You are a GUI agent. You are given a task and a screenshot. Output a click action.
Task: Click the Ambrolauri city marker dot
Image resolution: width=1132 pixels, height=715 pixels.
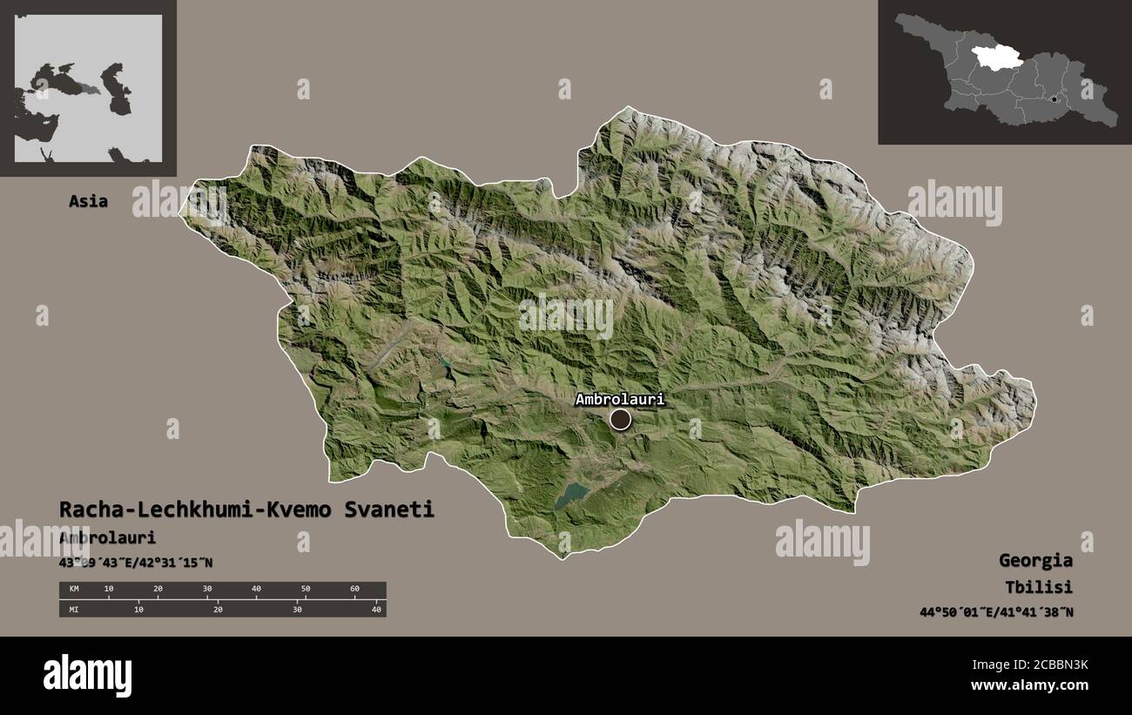[620, 420]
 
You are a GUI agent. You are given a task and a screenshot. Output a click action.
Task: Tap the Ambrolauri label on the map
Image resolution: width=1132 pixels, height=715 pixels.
[619, 399]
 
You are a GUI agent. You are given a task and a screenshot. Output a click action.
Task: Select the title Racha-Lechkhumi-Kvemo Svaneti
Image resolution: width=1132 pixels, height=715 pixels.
[246, 509]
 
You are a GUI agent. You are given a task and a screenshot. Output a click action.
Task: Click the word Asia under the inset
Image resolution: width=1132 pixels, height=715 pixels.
[89, 201]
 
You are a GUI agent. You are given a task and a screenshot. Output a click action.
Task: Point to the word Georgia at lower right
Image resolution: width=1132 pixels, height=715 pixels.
[1035, 560]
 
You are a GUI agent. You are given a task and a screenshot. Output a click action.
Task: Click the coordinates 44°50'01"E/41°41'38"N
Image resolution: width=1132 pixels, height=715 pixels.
[996, 612]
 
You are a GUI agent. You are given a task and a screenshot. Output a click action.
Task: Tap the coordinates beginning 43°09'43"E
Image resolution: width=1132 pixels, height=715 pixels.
[136, 563]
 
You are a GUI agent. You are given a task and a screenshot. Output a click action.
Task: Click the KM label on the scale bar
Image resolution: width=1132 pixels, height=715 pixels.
[73, 590]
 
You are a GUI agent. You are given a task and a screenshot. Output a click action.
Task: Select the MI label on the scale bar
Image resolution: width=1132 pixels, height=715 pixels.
[73, 609]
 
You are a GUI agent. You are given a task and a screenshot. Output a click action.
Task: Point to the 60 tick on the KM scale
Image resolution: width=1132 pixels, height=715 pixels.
[354, 590]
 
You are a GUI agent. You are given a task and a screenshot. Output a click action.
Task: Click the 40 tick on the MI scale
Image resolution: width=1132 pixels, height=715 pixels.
[376, 609]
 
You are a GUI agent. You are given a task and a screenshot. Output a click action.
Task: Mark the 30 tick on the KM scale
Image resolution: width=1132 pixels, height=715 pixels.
[206, 590]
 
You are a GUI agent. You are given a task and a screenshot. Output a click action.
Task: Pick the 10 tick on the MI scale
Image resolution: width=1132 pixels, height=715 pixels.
[138, 609]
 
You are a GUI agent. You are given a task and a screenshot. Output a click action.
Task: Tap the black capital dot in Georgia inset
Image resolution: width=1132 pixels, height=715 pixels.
[1054, 99]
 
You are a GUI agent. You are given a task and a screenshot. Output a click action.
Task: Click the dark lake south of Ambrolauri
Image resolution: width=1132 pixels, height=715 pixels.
[572, 496]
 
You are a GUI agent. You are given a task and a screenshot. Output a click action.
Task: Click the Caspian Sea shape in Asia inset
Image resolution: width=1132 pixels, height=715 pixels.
[117, 87]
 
